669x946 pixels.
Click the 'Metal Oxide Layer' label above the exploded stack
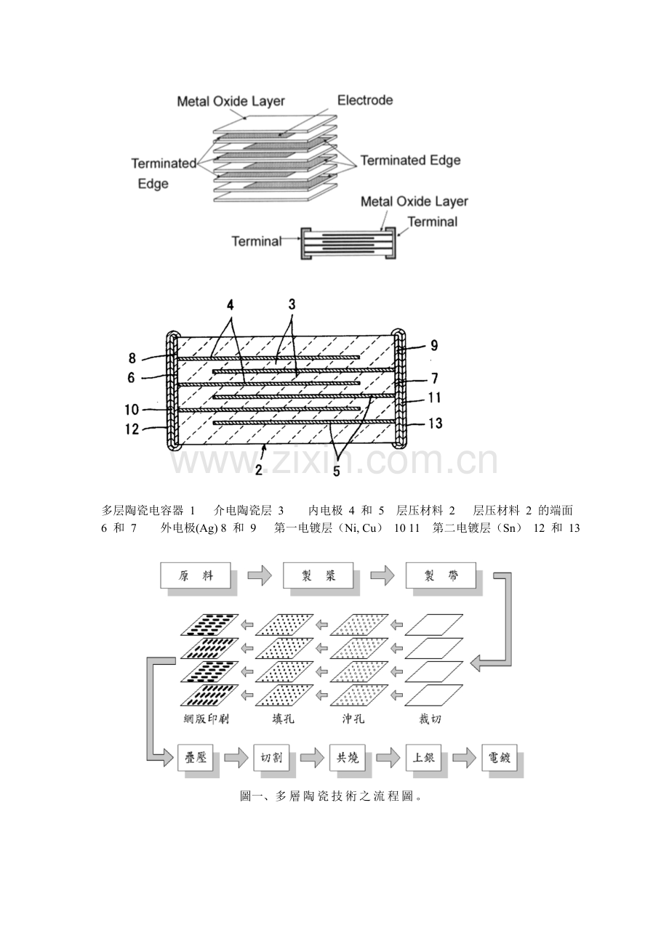pos(231,101)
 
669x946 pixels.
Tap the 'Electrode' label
pos(365,100)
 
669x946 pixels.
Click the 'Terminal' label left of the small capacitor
pos(256,240)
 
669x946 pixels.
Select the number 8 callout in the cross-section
pos(132,357)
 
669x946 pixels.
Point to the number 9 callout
pos(434,346)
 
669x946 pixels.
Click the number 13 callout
pos(435,423)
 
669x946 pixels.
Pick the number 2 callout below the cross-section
pos(258,469)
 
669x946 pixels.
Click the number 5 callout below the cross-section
pos(336,470)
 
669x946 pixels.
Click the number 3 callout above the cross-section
pos(292,305)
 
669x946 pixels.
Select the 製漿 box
pos(319,576)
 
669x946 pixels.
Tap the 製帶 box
pos(441,576)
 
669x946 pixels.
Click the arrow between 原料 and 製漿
pos(258,576)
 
